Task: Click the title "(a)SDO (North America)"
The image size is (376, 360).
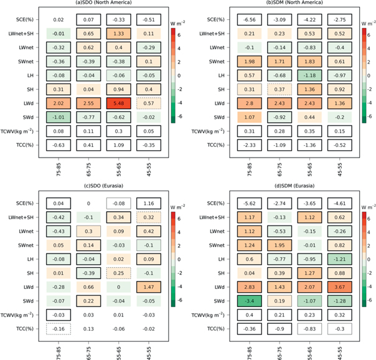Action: (x=96, y=4)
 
